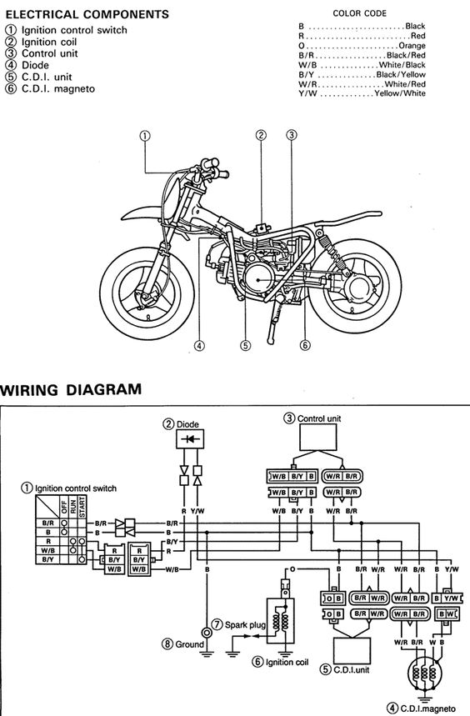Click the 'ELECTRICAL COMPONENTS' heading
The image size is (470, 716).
87,15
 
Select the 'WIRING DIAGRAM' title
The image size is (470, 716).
71,389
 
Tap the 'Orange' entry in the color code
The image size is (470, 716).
412,46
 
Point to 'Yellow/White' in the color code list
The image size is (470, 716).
400,93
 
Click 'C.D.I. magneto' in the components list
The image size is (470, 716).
58,88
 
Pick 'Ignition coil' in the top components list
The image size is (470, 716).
49,42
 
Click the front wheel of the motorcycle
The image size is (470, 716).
147,293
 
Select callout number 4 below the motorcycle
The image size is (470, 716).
199,346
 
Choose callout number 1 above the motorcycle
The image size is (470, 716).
145,136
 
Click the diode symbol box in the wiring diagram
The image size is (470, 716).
190,439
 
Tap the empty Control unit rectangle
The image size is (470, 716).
318,438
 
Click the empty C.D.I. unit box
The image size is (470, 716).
352,651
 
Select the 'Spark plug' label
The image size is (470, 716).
244,624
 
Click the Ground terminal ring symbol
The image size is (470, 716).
207,633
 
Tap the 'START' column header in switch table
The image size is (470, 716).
82,507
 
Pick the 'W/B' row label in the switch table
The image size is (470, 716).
47,551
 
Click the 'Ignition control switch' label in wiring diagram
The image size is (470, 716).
76,488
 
